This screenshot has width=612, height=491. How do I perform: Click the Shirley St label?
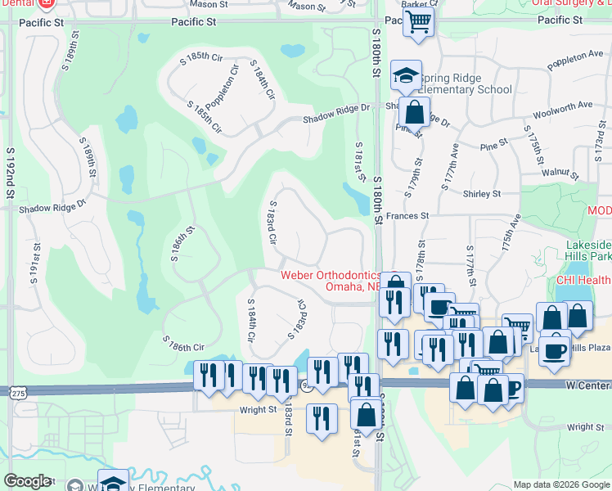click(x=482, y=194)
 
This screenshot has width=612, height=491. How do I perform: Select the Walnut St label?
click(x=560, y=173)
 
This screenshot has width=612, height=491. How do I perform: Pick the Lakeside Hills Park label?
click(x=587, y=250)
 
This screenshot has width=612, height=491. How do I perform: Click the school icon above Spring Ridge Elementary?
click(x=407, y=76)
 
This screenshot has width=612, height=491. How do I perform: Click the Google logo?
click(x=27, y=481)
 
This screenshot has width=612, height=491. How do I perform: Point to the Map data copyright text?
click(x=560, y=484)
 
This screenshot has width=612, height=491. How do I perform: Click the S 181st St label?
click(x=359, y=162)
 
